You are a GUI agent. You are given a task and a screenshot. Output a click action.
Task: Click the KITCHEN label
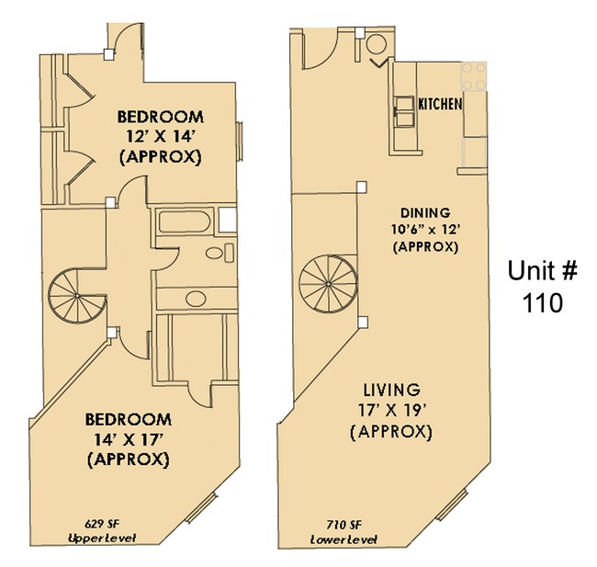[x=440, y=104]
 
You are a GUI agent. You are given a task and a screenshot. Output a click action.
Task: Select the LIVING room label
[x=391, y=390]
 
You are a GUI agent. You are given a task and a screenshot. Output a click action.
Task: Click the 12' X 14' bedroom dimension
[x=159, y=137]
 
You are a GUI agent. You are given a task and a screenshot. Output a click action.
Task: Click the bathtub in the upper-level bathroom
[x=184, y=222]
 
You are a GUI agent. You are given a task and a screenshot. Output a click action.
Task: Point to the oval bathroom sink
[x=214, y=254]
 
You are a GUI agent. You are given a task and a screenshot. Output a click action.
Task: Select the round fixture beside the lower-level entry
[x=377, y=48]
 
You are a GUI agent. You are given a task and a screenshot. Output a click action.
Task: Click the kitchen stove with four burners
[x=474, y=76]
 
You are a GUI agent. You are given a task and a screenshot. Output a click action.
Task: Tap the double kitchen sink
[x=404, y=112]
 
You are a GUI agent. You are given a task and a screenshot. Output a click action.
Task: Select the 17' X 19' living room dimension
[x=391, y=410]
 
